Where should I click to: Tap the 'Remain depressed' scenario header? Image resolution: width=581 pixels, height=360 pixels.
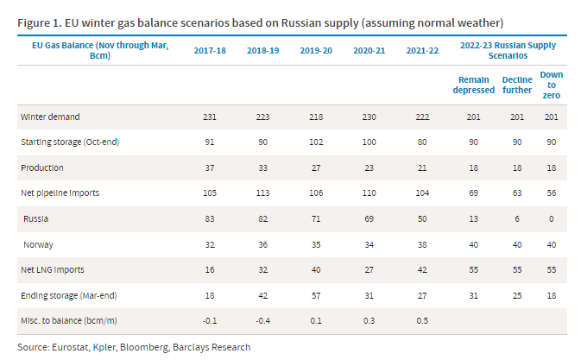[474, 84]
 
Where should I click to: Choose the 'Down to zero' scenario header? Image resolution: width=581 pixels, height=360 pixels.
[551, 84]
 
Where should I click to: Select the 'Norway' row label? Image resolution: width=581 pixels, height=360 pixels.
[41, 245]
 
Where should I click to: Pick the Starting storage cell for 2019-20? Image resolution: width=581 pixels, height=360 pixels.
[316, 142]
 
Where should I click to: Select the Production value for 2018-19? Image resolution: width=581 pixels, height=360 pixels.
[264, 167]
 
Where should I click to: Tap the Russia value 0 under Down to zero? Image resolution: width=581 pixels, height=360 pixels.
[551, 219]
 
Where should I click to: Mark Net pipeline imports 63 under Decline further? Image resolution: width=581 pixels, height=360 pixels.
[516, 193]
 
